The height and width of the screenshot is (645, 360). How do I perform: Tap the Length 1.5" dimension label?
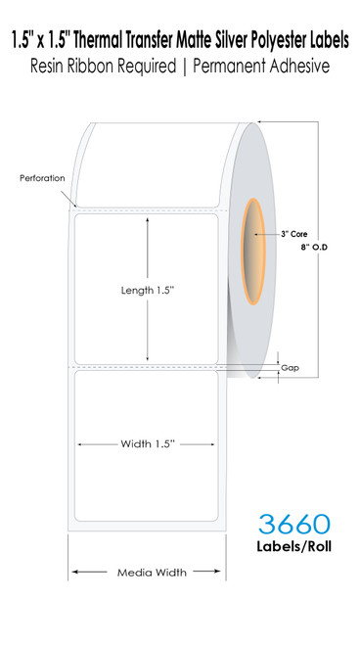pos(147,291)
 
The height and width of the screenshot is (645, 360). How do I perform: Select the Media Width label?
pos(147,572)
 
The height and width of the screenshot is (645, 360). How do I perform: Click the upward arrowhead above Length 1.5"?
pos(147,222)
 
